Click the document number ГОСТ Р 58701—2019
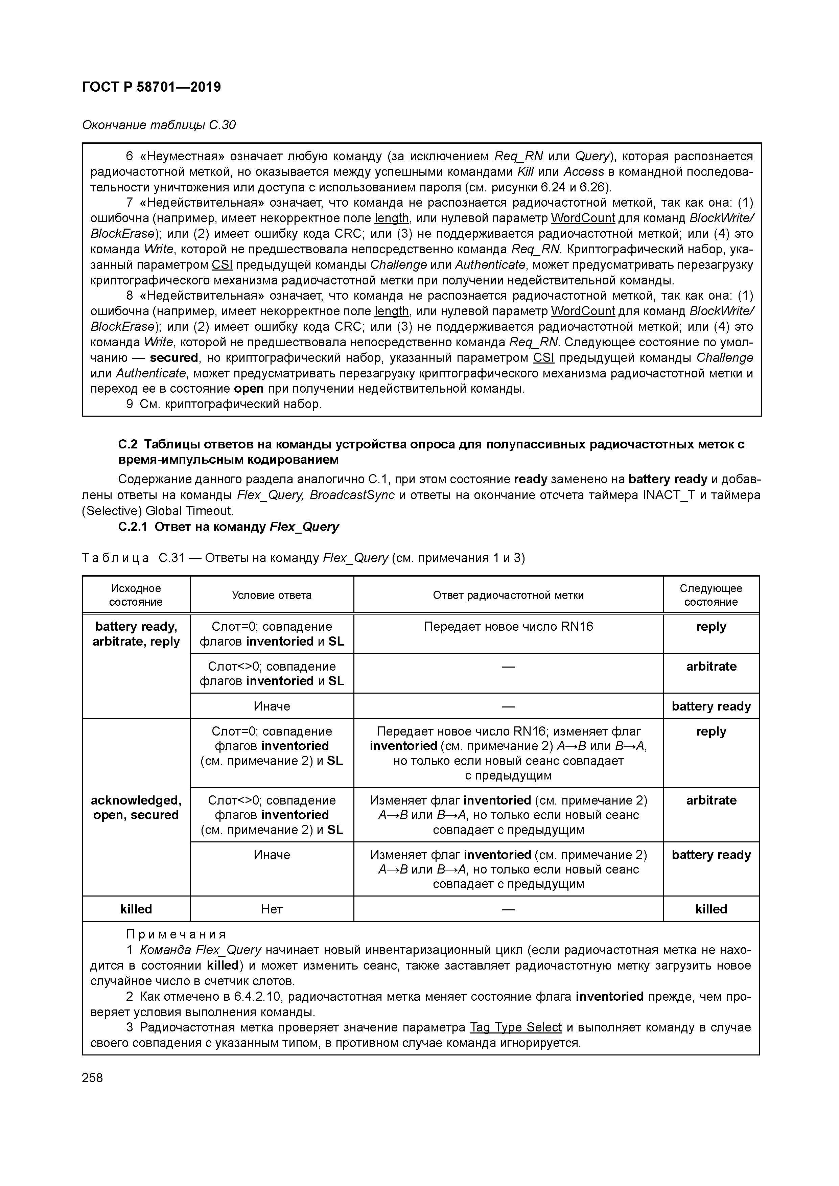coord(152,87)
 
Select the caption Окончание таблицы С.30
coord(159,125)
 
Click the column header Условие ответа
coord(272,595)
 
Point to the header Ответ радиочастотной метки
coord(508,595)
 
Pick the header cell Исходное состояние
coord(136,595)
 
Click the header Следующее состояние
coord(710,595)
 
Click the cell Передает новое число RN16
coord(508,627)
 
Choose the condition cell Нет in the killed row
coord(272,909)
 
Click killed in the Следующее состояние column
coord(710,909)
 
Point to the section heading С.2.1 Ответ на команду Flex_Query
coord(228,527)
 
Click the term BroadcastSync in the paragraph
coord(352,495)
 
